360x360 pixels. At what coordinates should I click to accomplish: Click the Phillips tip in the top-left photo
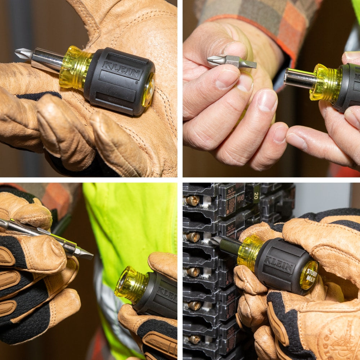[x=22, y=54]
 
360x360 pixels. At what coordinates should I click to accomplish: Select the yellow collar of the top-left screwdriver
[x=75, y=67]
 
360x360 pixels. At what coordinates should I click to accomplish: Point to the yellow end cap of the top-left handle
[x=148, y=90]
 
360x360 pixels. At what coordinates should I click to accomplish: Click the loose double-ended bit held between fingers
[x=231, y=62]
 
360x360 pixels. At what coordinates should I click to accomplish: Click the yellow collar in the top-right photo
[x=326, y=83]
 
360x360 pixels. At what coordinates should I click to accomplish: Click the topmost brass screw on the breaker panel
[x=192, y=200]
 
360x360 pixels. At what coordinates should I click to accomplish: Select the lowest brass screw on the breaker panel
[x=195, y=339]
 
